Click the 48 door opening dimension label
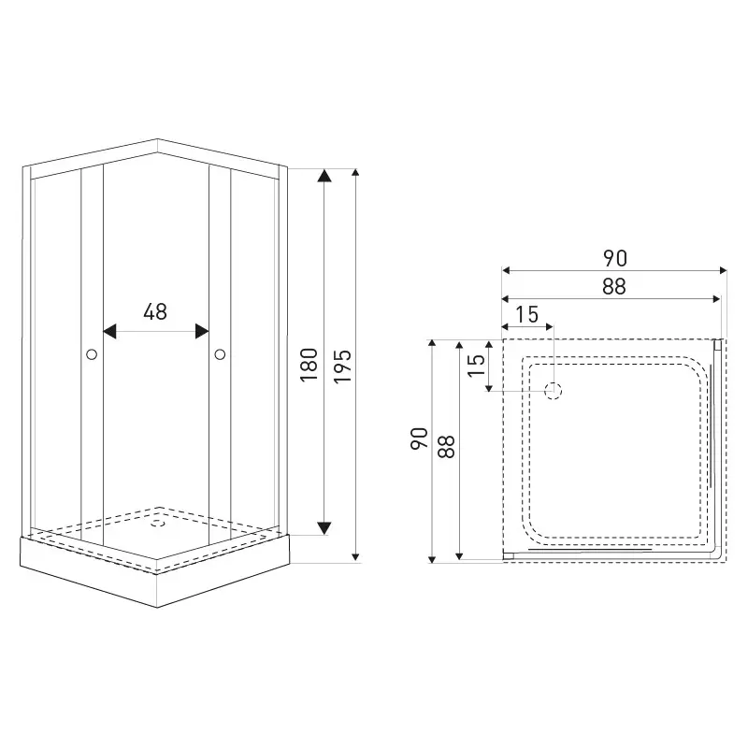pos(155,311)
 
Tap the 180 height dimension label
pos(309,365)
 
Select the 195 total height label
pos(342,367)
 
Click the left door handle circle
pos(92,354)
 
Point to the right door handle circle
pos(220,354)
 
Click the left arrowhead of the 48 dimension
pos(109,331)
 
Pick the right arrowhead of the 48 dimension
pos(202,331)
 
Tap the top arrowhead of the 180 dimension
pos(324,176)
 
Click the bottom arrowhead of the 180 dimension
pos(324,528)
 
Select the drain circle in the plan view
pos(554,391)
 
